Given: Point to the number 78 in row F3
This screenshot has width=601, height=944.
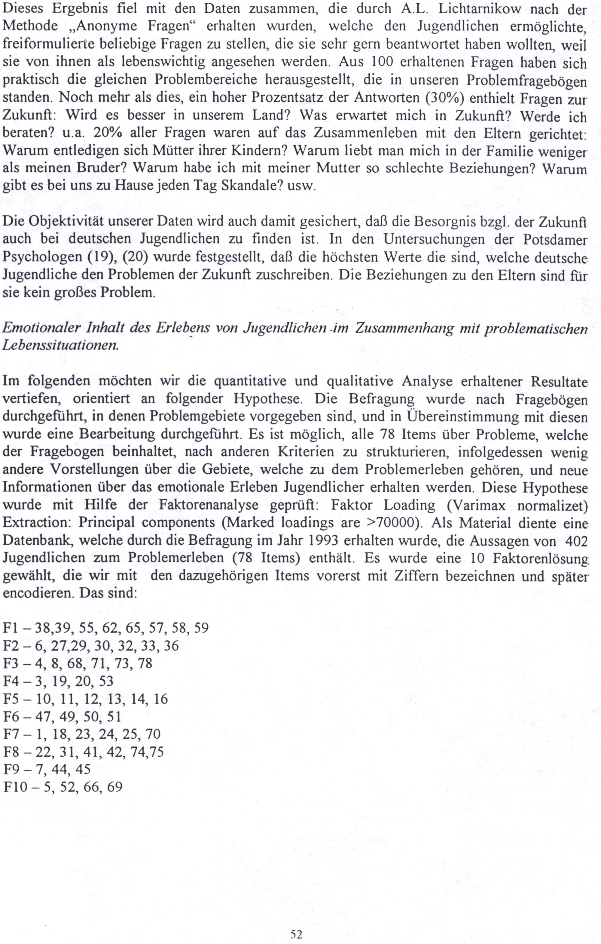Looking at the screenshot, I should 145,663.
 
